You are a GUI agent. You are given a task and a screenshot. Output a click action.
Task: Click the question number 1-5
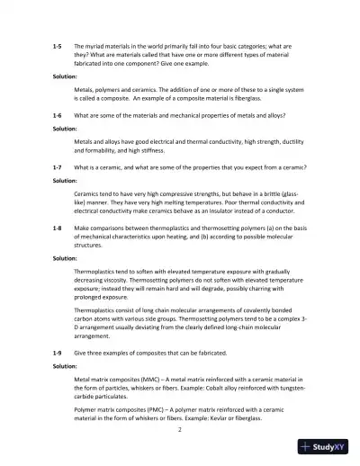point(58,44)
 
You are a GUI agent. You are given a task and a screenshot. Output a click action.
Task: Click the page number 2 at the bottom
point(180,429)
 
